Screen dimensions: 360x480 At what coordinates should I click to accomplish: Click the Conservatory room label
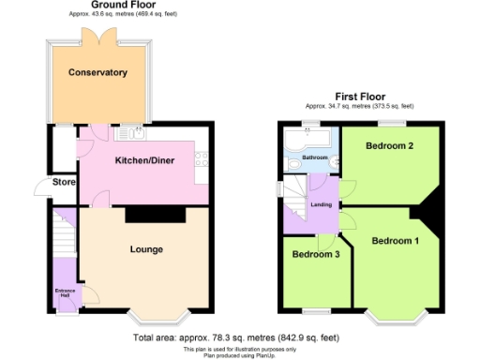coord(97,72)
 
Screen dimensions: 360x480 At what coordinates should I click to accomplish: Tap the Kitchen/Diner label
coord(142,160)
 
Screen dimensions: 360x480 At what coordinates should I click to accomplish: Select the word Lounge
coord(146,249)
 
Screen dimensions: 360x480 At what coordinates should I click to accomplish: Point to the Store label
coord(63,181)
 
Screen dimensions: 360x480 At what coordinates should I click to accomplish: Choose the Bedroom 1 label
coord(395,241)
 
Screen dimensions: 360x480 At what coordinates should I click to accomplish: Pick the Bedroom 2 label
coord(390,146)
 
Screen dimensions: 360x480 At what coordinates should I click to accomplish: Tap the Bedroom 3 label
coord(315,254)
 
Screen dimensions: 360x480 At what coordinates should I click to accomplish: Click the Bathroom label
coord(314,157)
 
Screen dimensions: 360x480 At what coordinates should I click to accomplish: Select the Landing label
coord(321,204)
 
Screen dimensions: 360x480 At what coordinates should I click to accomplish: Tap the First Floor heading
coord(361,97)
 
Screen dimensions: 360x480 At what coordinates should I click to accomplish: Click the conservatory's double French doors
coord(97,37)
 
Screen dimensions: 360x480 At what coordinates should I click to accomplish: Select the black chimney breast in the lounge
coord(155,215)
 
